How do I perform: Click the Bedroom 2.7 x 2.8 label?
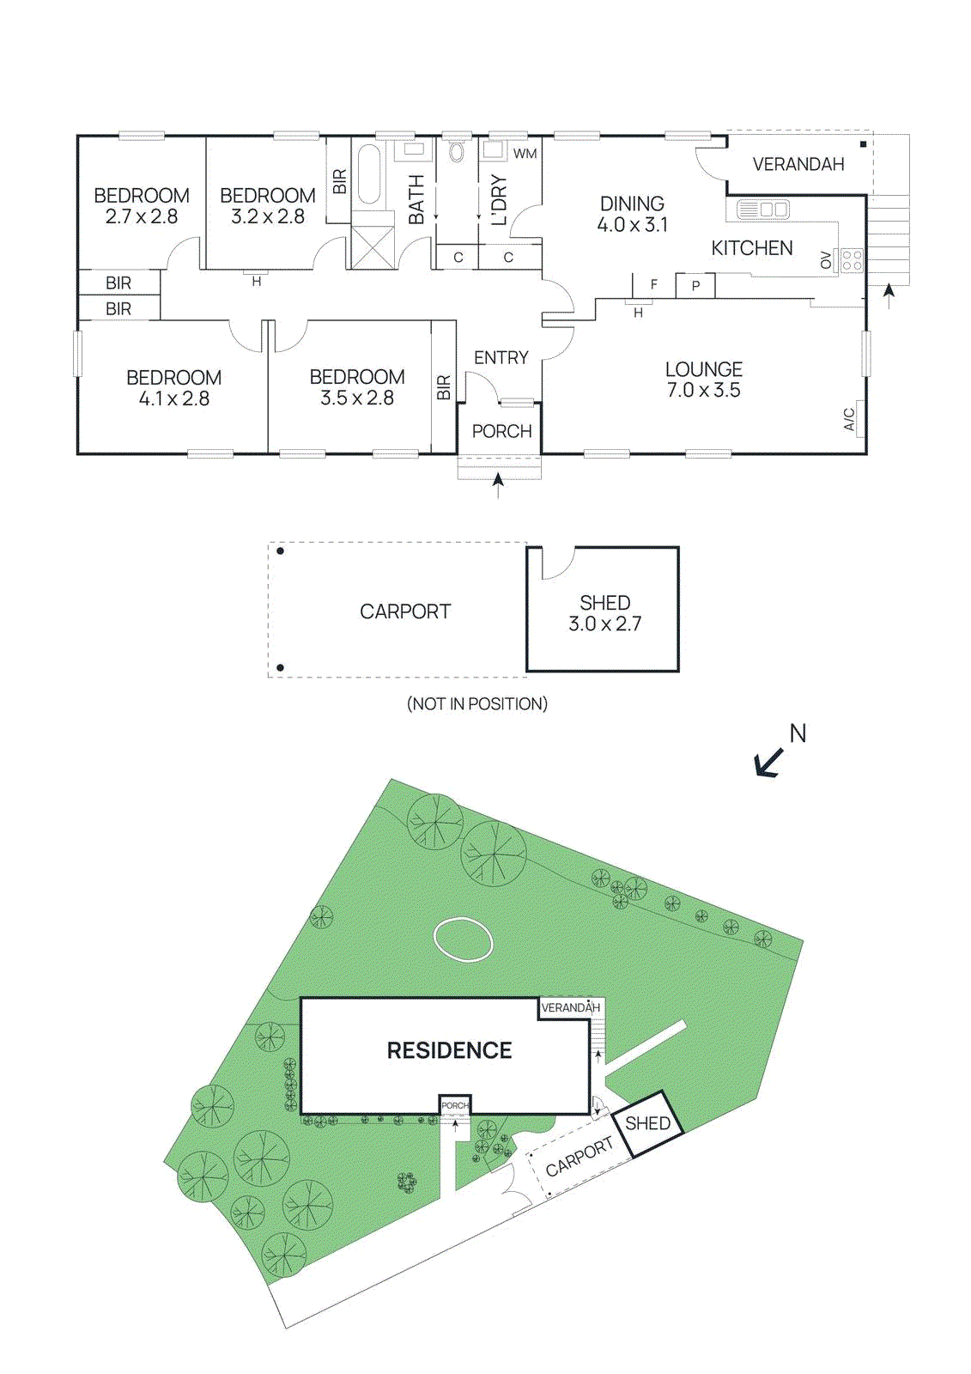142,206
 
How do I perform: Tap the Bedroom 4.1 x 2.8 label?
173,388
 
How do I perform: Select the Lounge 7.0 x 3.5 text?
703,380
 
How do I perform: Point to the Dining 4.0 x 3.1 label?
632,215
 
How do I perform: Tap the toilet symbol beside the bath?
457,153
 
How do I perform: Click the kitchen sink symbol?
762,209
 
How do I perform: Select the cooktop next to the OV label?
851,260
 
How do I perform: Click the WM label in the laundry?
525,154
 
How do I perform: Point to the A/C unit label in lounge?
849,419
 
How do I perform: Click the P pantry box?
695,286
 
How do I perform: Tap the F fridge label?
654,284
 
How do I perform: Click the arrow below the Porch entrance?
498,485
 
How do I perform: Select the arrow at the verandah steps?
889,295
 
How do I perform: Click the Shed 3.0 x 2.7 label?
604,613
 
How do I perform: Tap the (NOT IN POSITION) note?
476,704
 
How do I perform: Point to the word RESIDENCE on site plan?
449,1050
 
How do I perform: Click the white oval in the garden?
463,939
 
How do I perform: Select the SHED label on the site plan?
647,1123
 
